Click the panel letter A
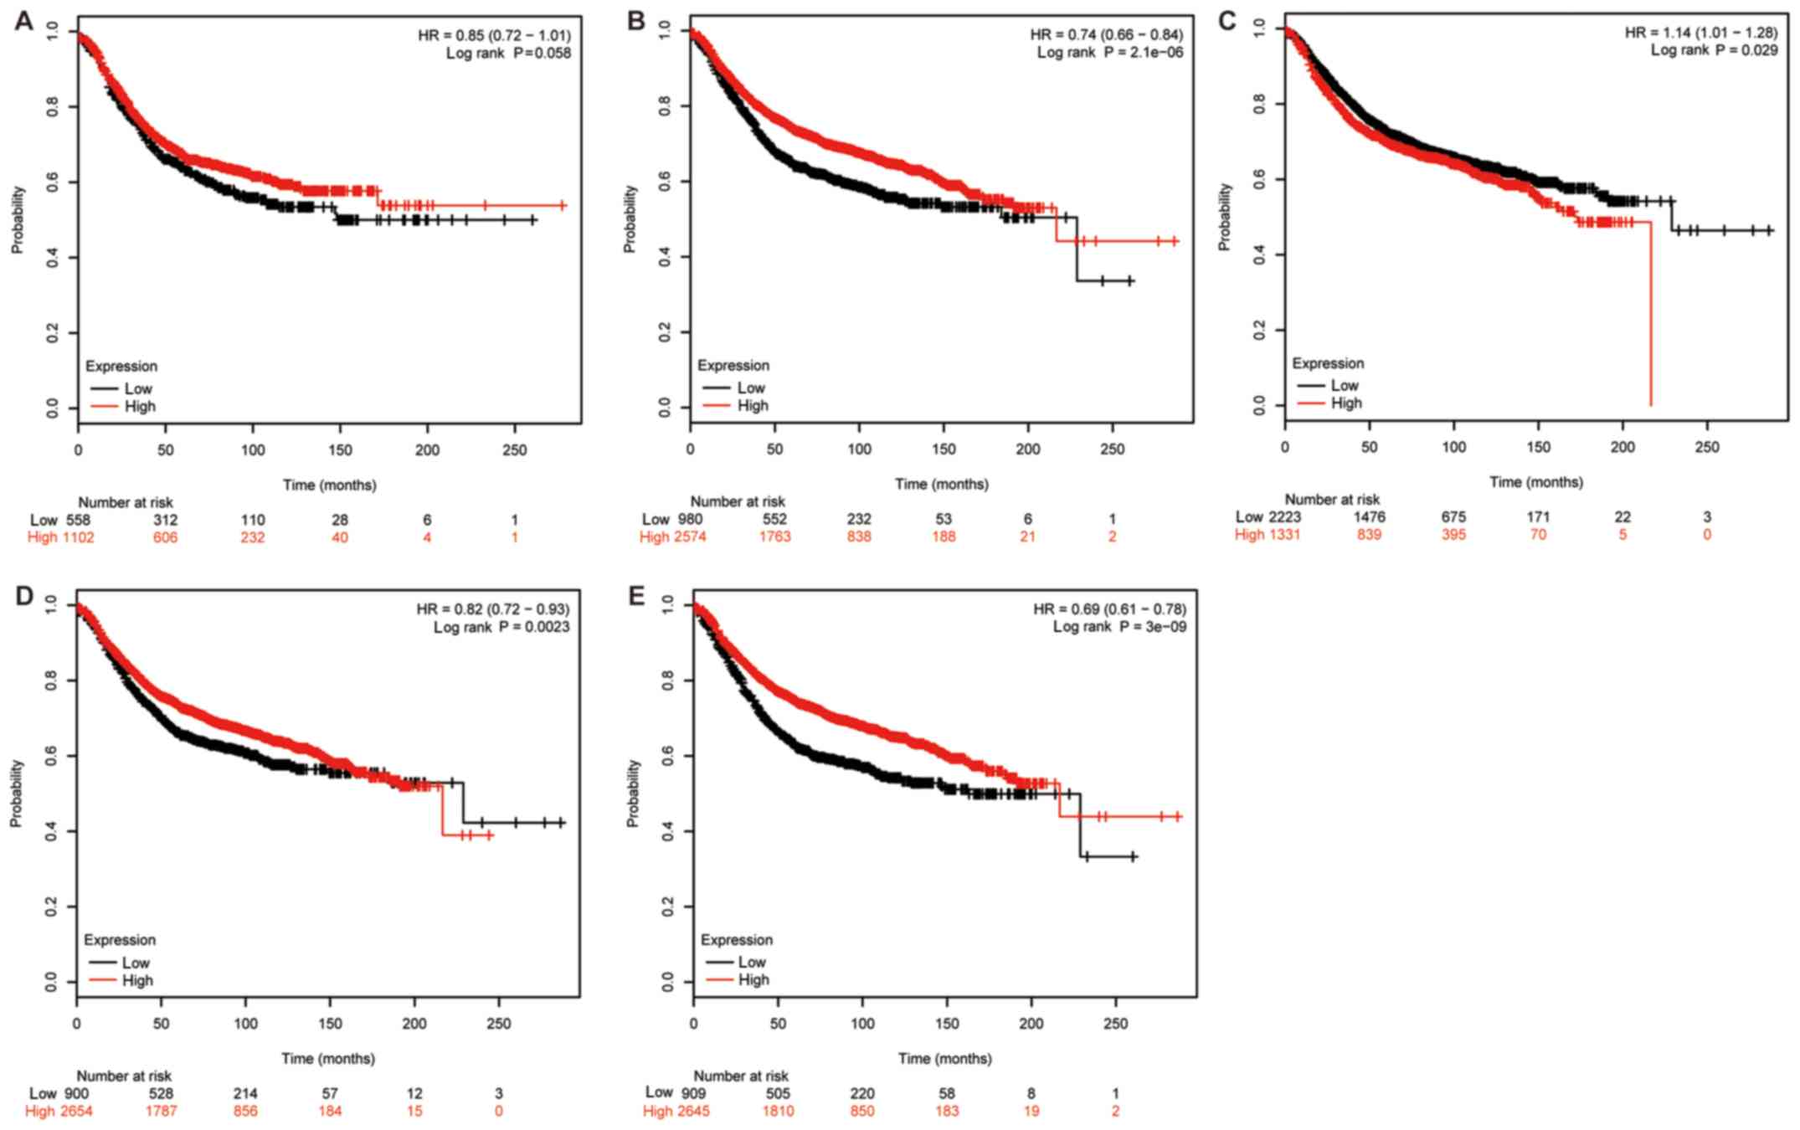(23, 21)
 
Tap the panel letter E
(637, 595)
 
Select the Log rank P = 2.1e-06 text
(1109, 53)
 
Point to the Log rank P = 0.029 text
(1713, 50)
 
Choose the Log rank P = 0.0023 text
(501, 627)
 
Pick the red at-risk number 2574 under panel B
(689, 537)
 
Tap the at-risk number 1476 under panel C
(1369, 516)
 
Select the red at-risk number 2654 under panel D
(75, 1111)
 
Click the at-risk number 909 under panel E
(693, 1093)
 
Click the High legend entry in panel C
(1345, 403)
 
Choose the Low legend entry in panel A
(138, 388)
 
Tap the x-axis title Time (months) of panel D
(327, 1058)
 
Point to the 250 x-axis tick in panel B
(1112, 449)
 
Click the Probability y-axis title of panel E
(633, 793)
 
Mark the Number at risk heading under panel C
(1332, 500)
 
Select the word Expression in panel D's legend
(119, 940)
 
